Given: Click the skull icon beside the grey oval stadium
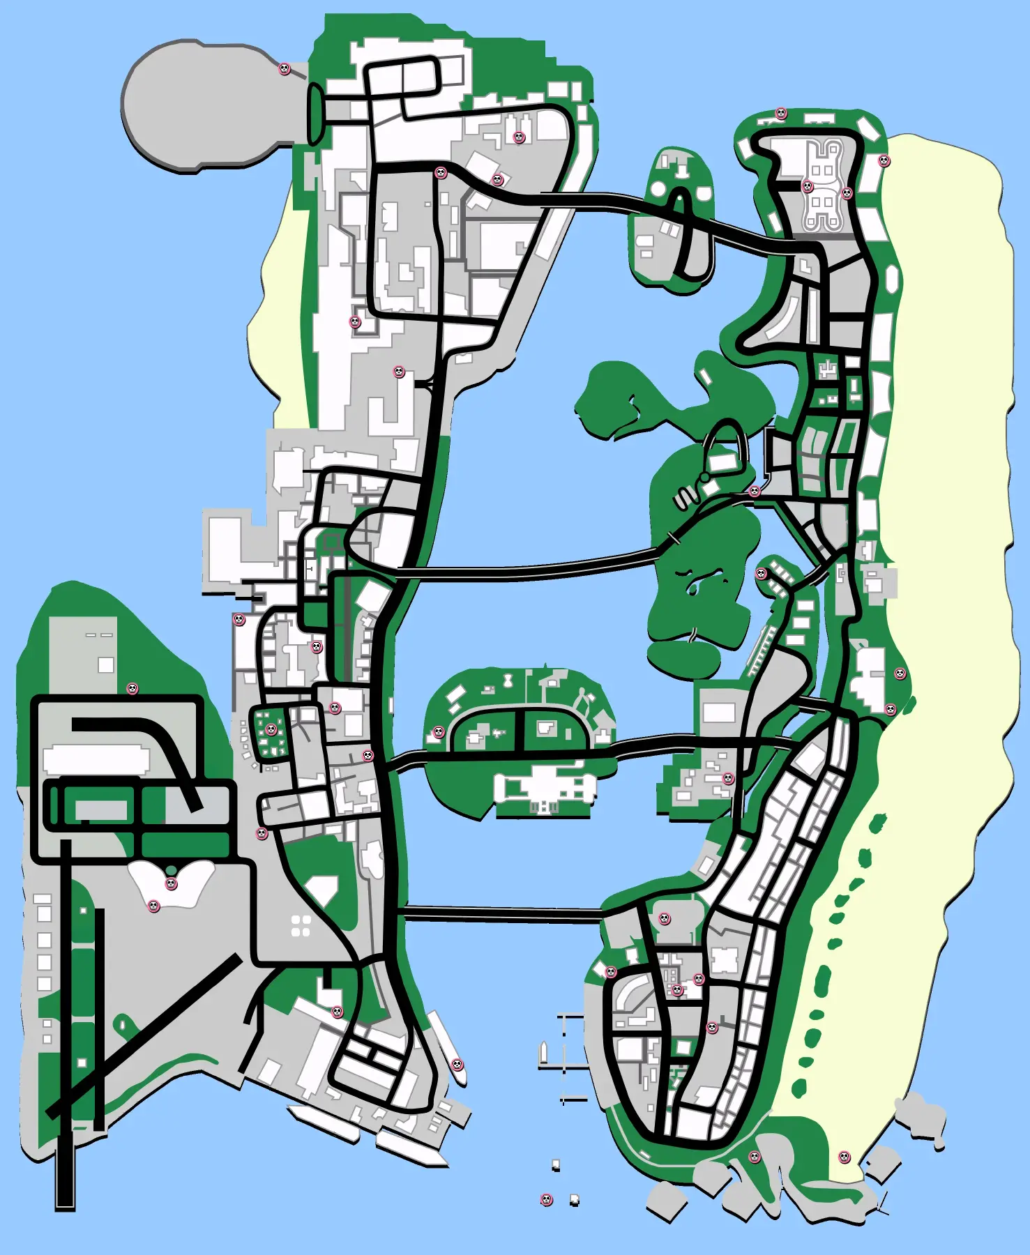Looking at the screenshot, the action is click(285, 68).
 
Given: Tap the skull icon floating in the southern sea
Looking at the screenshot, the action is click(547, 1199).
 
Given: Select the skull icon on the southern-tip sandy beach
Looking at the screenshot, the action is click(844, 1157).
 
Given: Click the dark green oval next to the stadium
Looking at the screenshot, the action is click(315, 114).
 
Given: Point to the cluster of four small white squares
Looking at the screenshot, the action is click(301, 927).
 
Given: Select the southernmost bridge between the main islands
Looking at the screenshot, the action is click(502, 913).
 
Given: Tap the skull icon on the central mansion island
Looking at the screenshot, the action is click(439, 732).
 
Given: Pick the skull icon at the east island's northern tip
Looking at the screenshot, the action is click(781, 113).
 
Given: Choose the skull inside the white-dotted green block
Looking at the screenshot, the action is click(271, 730).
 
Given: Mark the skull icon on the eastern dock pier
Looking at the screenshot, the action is click(457, 1064).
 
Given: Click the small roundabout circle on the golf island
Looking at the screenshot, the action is click(705, 477).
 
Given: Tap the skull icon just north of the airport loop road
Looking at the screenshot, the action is click(132, 689).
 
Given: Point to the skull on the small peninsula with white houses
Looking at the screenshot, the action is click(762, 574).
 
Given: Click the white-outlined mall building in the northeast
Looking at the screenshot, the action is click(824, 185).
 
